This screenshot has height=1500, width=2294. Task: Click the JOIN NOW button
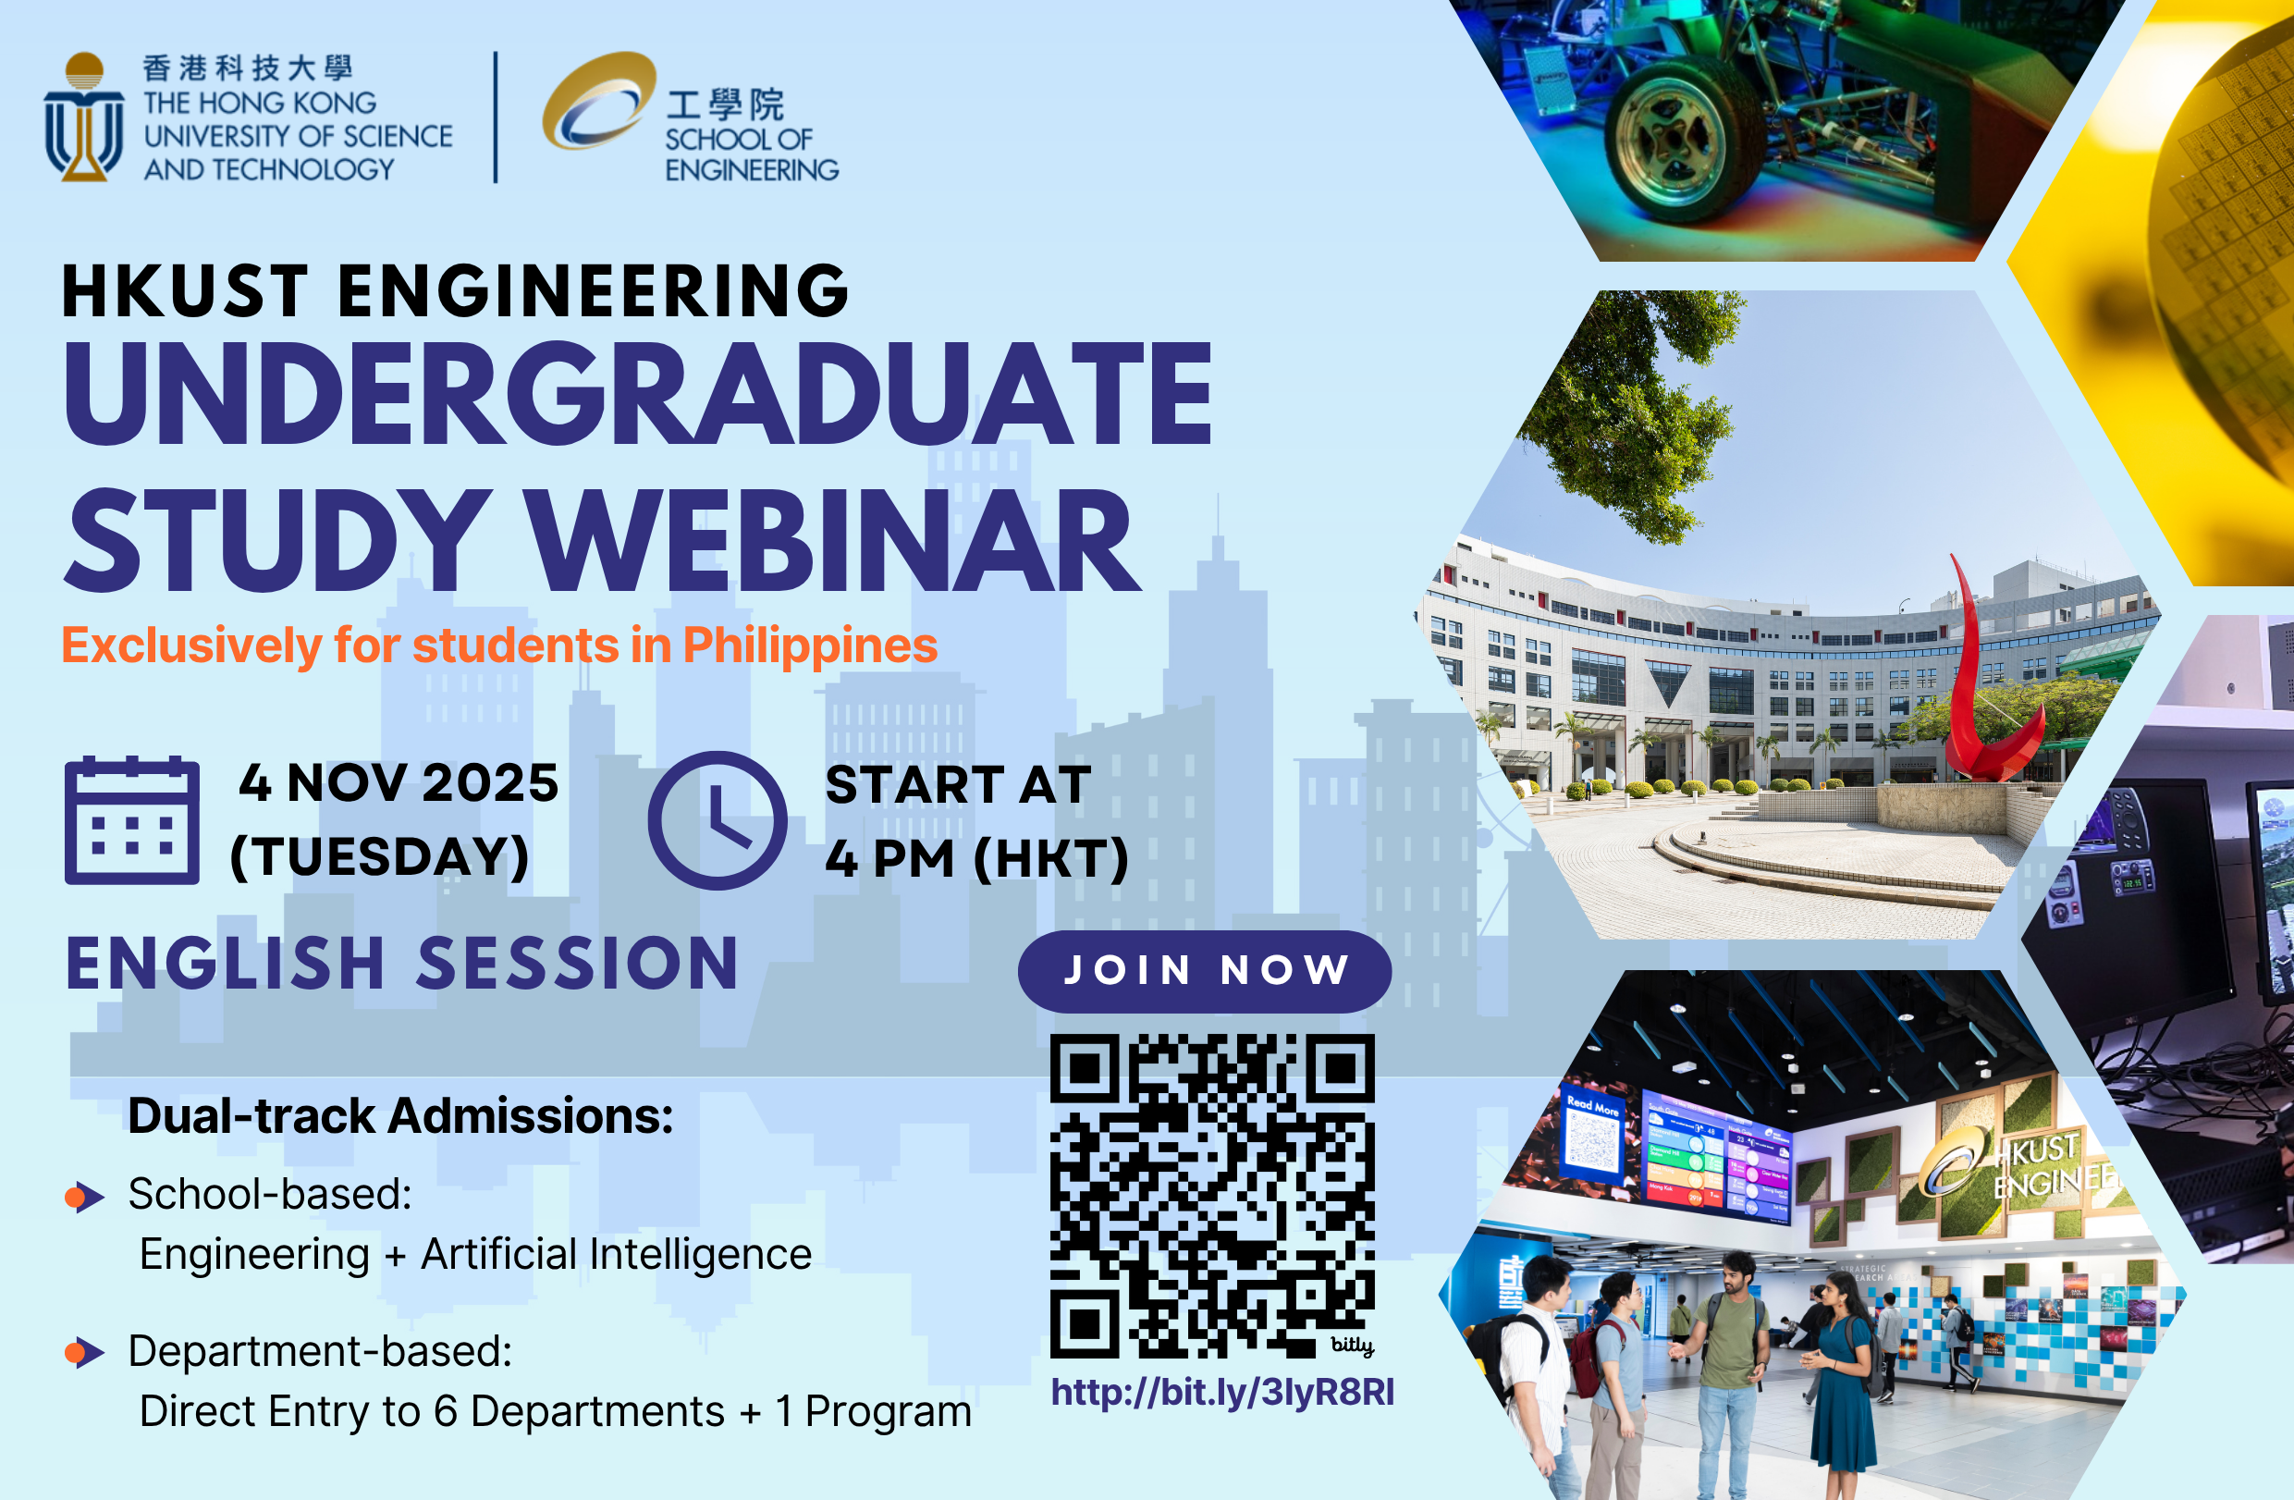1204,971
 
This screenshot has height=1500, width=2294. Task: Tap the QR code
1211,1197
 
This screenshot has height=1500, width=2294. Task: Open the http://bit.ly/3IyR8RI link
1222,1393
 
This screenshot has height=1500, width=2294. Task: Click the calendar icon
132,820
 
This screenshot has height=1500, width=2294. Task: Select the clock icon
718,820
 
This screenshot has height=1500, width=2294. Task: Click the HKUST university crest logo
84,117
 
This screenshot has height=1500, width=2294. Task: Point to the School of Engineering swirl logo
598,100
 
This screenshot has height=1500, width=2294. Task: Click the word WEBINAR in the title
836,540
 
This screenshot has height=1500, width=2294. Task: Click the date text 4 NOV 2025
399,782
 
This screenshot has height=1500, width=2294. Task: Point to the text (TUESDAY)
380,857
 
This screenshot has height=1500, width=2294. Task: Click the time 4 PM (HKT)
976,858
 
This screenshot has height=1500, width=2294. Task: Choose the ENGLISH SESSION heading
402,964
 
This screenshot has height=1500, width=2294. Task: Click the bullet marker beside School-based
85,1198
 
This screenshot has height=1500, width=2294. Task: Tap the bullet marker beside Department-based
85,1354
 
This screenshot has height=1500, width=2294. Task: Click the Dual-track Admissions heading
401,1116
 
